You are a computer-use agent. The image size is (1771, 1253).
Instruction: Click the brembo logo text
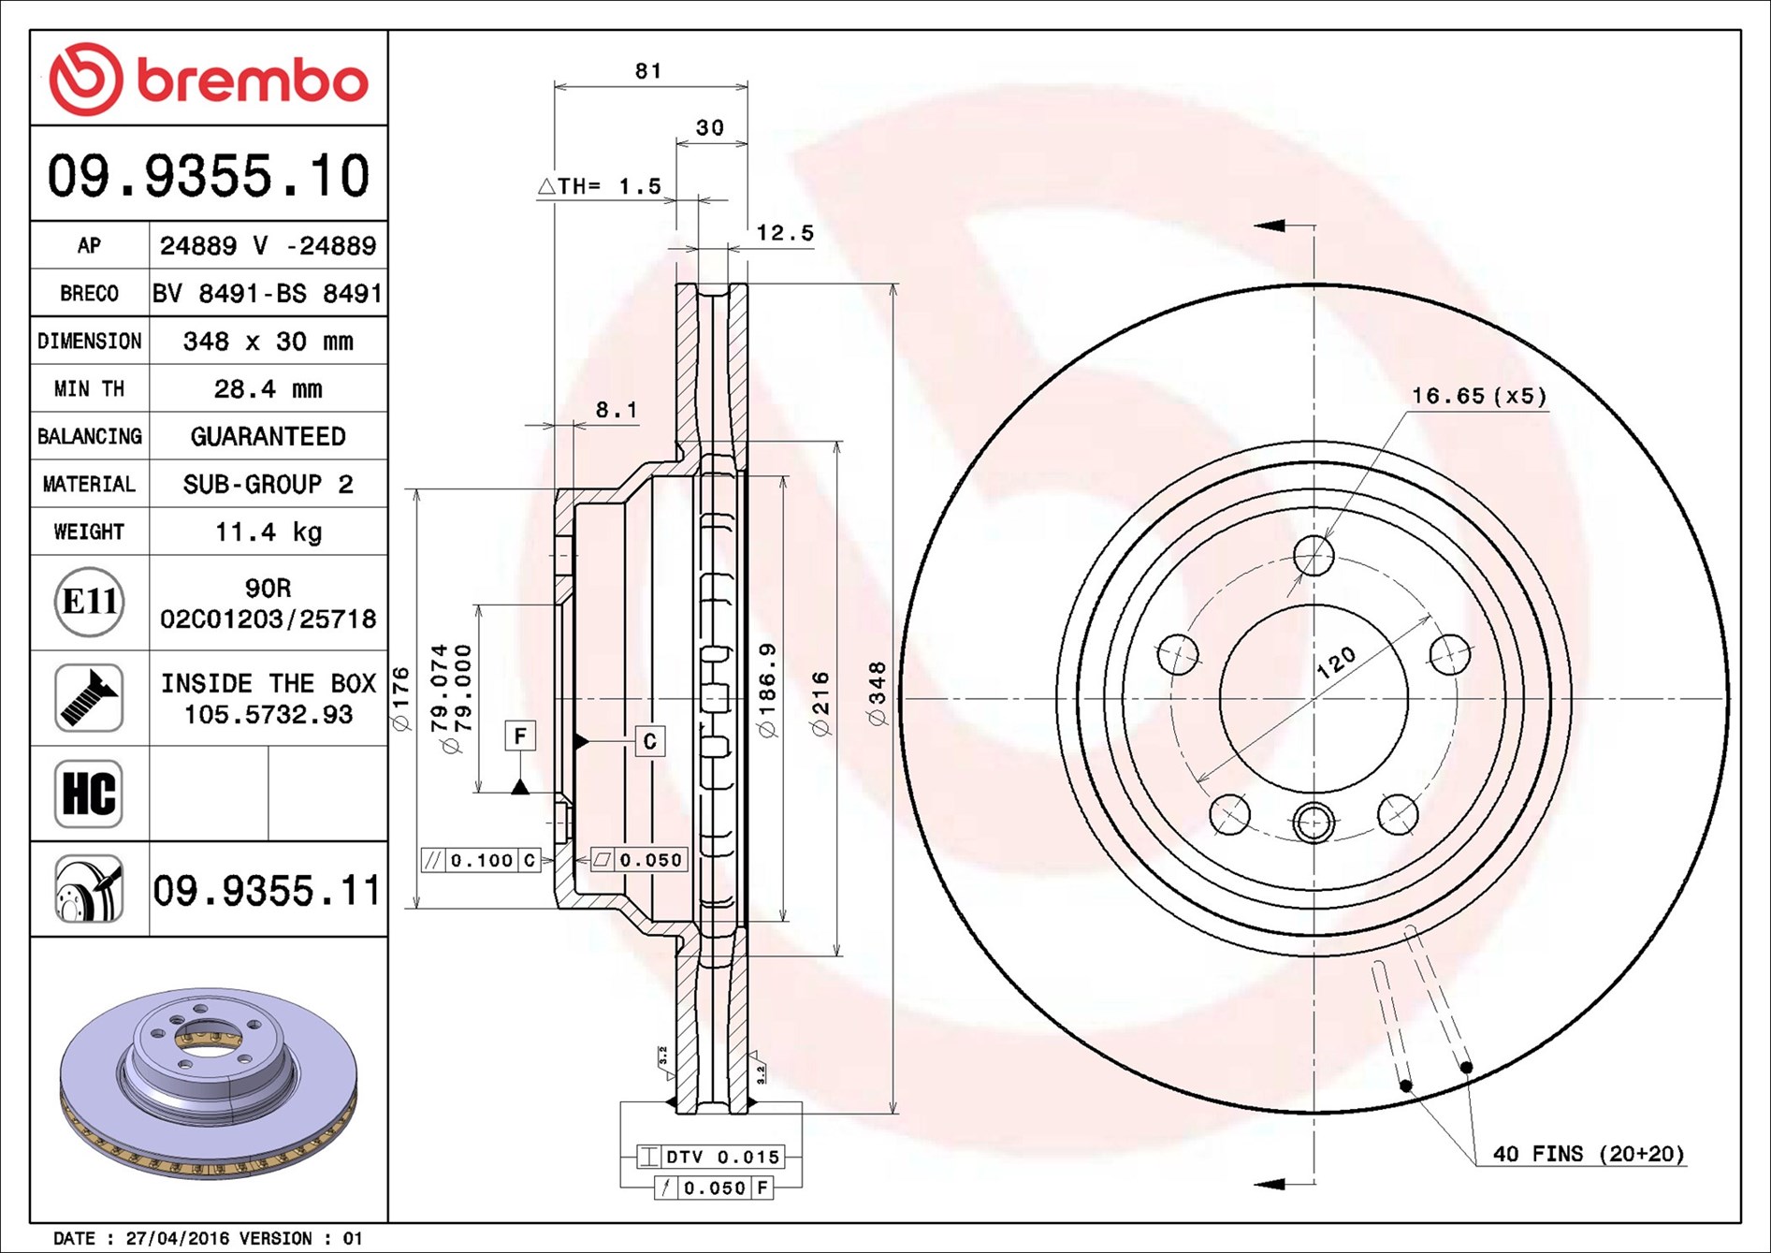pyautogui.click(x=251, y=80)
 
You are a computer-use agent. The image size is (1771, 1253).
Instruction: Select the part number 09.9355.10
pyautogui.click(x=209, y=176)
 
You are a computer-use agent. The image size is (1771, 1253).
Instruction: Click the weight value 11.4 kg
pyautogui.click(x=269, y=532)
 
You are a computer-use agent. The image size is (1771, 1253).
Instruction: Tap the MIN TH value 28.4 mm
pyautogui.click(x=268, y=388)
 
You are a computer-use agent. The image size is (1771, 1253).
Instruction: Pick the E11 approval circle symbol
pyautogui.click(x=90, y=602)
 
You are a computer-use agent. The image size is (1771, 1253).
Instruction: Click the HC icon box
pyautogui.click(x=89, y=794)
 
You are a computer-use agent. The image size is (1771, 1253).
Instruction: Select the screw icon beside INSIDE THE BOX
pyautogui.click(x=89, y=698)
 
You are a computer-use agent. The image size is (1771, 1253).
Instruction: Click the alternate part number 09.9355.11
pyautogui.click(x=267, y=891)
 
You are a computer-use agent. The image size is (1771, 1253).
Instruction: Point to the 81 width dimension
pyautogui.click(x=648, y=71)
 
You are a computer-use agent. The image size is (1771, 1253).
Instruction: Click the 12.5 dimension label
pyautogui.click(x=784, y=233)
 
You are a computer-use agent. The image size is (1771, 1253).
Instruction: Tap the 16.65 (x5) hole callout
pyautogui.click(x=1478, y=396)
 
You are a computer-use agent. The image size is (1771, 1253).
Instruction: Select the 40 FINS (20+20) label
pyautogui.click(x=1588, y=1154)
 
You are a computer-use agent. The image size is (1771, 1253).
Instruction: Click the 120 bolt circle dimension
pyautogui.click(x=1335, y=662)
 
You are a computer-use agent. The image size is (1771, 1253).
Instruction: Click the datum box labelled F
pyautogui.click(x=520, y=736)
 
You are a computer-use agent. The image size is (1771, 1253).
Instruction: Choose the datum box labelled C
pyautogui.click(x=650, y=741)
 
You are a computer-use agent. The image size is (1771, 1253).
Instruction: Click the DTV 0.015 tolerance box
pyautogui.click(x=721, y=1157)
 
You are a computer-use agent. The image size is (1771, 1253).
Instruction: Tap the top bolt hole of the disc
pyautogui.click(x=1314, y=556)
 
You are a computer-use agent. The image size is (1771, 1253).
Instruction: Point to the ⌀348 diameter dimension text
pyautogui.click(x=877, y=693)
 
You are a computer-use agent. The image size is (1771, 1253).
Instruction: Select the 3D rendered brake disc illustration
pyautogui.click(x=208, y=1082)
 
